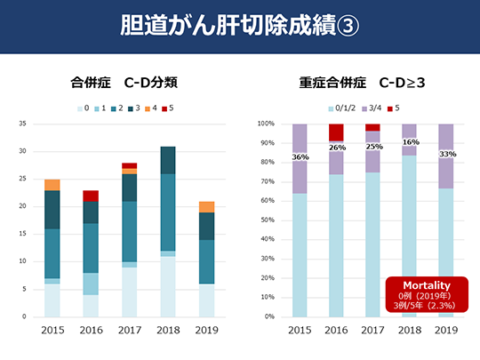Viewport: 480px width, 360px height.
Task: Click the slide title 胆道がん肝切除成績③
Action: coord(239,25)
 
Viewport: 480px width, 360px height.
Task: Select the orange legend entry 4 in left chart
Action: coord(151,108)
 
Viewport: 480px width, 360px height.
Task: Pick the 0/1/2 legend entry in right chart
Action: coord(343,108)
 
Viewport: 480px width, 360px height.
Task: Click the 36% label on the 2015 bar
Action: coord(300,157)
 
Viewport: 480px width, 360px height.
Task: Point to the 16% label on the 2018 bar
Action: coord(410,142)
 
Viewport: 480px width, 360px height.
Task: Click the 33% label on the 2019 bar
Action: coord(446,155)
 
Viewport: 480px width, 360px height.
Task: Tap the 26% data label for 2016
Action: coord(336,148)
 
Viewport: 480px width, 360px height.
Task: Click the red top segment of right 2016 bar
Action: coord(336,132)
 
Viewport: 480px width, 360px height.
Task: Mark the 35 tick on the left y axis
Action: coord(23,124)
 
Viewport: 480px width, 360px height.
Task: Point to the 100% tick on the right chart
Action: coord(267,124)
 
